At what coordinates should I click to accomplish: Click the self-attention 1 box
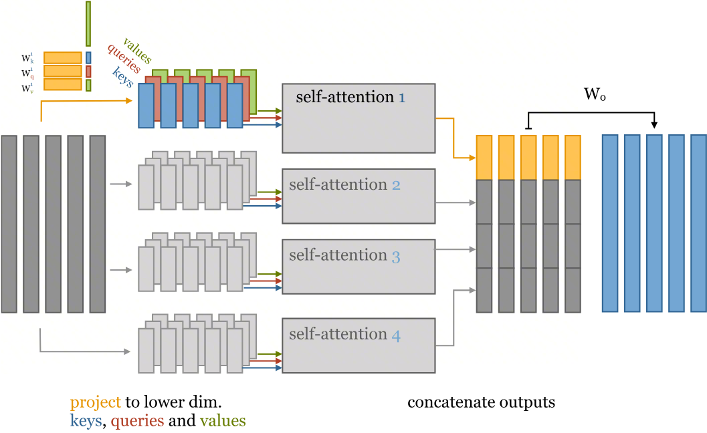pyautogui.click(x=359, y=118)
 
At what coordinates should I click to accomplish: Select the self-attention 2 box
pyautogui.click(x=359, y=196)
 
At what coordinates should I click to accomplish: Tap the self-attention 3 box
pyautogui.click(x=359, y=266)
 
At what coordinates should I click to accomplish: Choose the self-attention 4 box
pyautogui.click(x=359, y=345)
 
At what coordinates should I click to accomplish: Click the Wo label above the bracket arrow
pyautogui.click(x=595, y=95)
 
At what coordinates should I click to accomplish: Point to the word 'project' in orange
pyautogui.click(x=96, y=403)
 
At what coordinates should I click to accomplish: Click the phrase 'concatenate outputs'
pyautogui.click(x=481, y=403)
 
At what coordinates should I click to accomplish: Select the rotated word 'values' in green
pyautogui.click(x=137, y=51)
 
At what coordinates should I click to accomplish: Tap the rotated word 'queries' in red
pyautogui.click(x=124, y=59)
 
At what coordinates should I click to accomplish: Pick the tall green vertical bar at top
pyautogui.click(x=88, y=23)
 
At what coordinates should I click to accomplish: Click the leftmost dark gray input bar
pyautogui.click(x=9, y=223)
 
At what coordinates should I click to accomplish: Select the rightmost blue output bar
pyautogui.click(x=698, y=223)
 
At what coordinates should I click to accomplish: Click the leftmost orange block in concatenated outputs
pyautogui.click(x=484, y=158)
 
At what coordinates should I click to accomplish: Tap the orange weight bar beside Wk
pyautogui.click(x=63, y=57)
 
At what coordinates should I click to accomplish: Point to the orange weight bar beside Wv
pyautogui.click(x=63, y=84)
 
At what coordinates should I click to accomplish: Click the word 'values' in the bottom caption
pyautogui.click(x=221, y=421)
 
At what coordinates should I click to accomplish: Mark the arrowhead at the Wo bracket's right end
pyautogui.click(x=654, y=124)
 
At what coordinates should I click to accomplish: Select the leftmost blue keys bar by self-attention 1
pyautogui.click(x=146, y=106)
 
